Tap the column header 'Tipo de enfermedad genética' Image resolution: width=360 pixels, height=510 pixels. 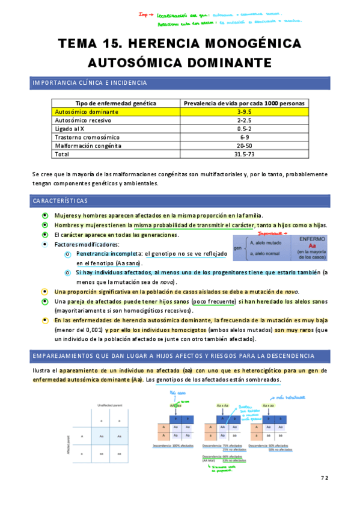pos(115,103)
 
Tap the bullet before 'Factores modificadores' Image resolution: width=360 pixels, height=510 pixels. pos(45,245)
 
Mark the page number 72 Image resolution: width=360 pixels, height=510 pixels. pos(325,478)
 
